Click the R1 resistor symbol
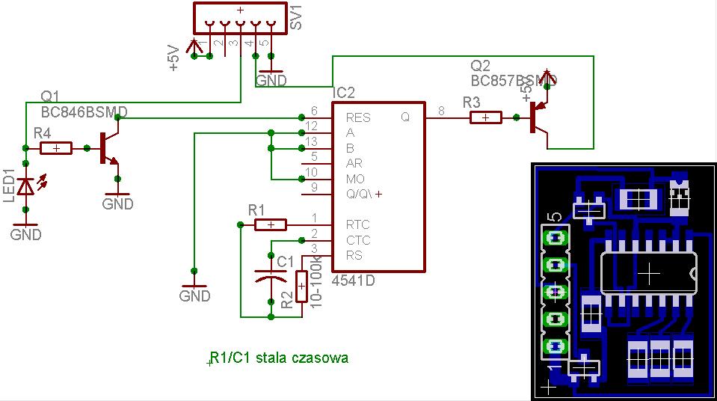(270, 224)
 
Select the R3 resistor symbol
(485, 117)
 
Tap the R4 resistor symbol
(56, 148)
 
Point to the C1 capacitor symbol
(268, 278)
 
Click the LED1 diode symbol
(27, 186)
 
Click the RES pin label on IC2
(358, 117)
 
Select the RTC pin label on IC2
(357, 224)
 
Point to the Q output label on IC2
(405, 117)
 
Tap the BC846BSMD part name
(84, 111)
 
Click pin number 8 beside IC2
(441, 111)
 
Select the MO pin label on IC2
(355, 179)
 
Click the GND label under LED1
(26, 234)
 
